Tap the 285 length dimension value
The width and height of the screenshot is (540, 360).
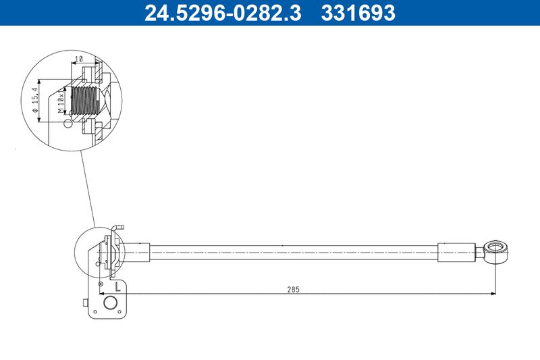click(x=293, y=288)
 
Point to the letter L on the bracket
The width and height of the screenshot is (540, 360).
click(x=119, y=286)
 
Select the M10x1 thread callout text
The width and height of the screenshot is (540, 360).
click(x=61, y=102)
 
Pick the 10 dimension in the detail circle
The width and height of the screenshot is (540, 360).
click(x=79, y=60)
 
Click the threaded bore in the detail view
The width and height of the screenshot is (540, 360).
click(x=84, y=102)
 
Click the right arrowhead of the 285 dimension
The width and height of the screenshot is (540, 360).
click(x=493, y=293)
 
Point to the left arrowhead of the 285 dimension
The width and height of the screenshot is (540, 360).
click(x=128, y=293)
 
